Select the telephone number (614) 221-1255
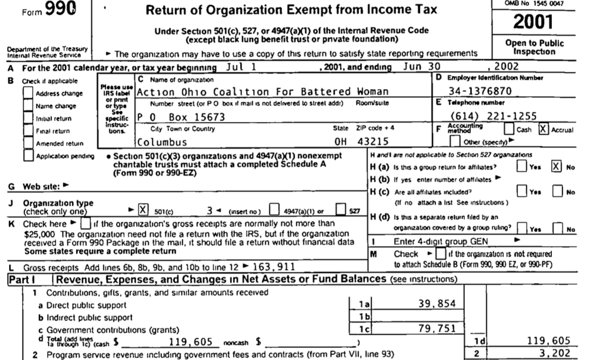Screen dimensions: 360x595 (485, 116)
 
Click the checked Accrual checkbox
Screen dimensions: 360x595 (542, 130)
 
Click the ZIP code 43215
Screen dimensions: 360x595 (376, 141)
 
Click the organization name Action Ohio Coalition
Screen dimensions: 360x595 (262, 92)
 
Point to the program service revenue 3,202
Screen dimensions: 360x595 (556, 352)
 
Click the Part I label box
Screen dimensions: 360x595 (27, 279)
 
